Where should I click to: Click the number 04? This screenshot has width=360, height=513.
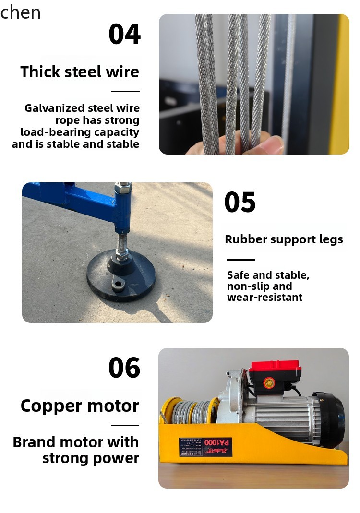124,34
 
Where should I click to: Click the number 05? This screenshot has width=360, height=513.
240,202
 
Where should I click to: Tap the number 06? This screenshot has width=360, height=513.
124,368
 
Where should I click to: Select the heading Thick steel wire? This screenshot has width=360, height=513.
80,72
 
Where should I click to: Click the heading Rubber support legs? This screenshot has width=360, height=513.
284,239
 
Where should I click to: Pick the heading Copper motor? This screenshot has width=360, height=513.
80,406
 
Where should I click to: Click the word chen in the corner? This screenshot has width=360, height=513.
21,12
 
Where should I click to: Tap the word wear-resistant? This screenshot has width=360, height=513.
264,298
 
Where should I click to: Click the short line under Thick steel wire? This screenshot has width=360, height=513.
125,91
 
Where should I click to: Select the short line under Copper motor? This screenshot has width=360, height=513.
125,425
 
